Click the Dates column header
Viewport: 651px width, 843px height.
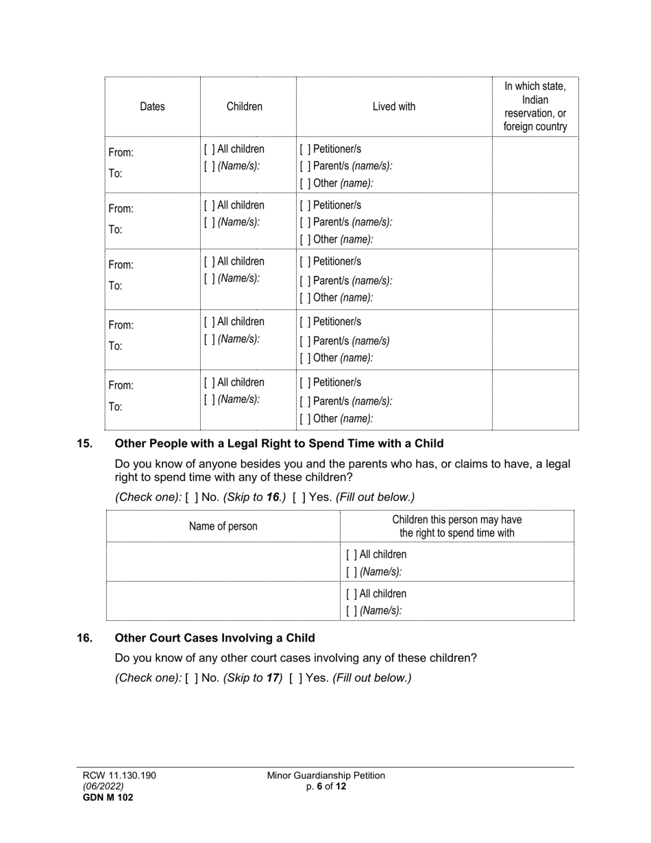pyautogui.click(x=152, y=106)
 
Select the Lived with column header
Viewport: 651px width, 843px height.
pyautogui.click(x=393, y=106)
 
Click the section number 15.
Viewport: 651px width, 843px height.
pyautogui.click(x=84, y=443)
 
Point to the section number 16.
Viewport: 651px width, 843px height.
pyautogui.click(x=84, y=638)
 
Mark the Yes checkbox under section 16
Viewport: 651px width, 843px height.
pyautogui.click(x=295, y=678)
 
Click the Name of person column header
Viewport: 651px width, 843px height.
pyautogui.click(x=223, y=526)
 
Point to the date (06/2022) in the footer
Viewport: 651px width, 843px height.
pyautogui.click(x=103, y=786)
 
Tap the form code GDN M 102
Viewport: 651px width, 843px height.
pyautogui.click(x=108, y=797)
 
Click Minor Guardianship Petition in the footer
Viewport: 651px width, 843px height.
pyautogui.click(x=326, y=776)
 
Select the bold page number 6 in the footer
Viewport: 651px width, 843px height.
pyautogui.click(x=320, y=786)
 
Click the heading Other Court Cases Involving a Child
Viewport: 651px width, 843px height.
pyautogui.click(x=214, y=638)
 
